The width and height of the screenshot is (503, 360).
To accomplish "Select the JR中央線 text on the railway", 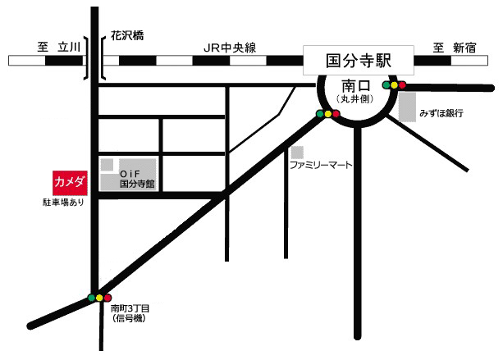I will click(230, 48).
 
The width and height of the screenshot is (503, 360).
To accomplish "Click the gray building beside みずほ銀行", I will click(407, 107).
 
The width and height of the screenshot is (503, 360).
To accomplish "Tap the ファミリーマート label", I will click(320, 165).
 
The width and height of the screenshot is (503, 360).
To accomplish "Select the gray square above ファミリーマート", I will click(297, 153).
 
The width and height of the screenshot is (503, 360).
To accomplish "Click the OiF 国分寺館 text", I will click(133, 180).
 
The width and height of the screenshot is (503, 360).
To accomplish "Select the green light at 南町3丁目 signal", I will click(90, 298).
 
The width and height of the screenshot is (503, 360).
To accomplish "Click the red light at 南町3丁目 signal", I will click(108, 298).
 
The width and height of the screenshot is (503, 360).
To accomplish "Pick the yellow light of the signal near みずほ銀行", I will click(393, 84).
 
